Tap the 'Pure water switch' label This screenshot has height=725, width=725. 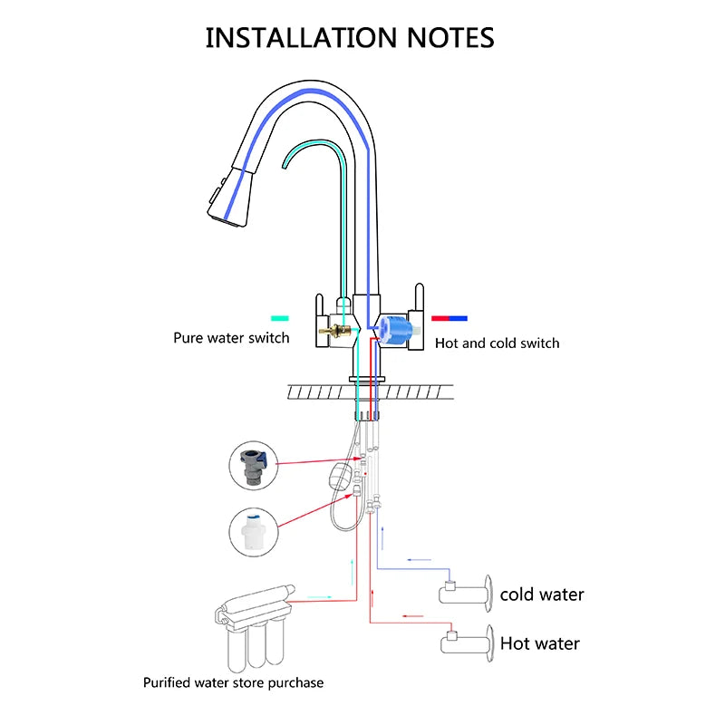tap(231, 338)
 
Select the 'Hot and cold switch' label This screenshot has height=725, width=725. tap(498, 343)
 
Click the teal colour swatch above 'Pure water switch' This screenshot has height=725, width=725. tap(280, 318)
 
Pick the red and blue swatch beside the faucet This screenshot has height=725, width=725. tap(449, 318)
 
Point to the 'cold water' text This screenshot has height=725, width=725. tap(542, 594)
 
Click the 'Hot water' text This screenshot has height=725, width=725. tap(540, 643)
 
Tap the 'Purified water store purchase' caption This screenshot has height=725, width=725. tap(233, 682)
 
